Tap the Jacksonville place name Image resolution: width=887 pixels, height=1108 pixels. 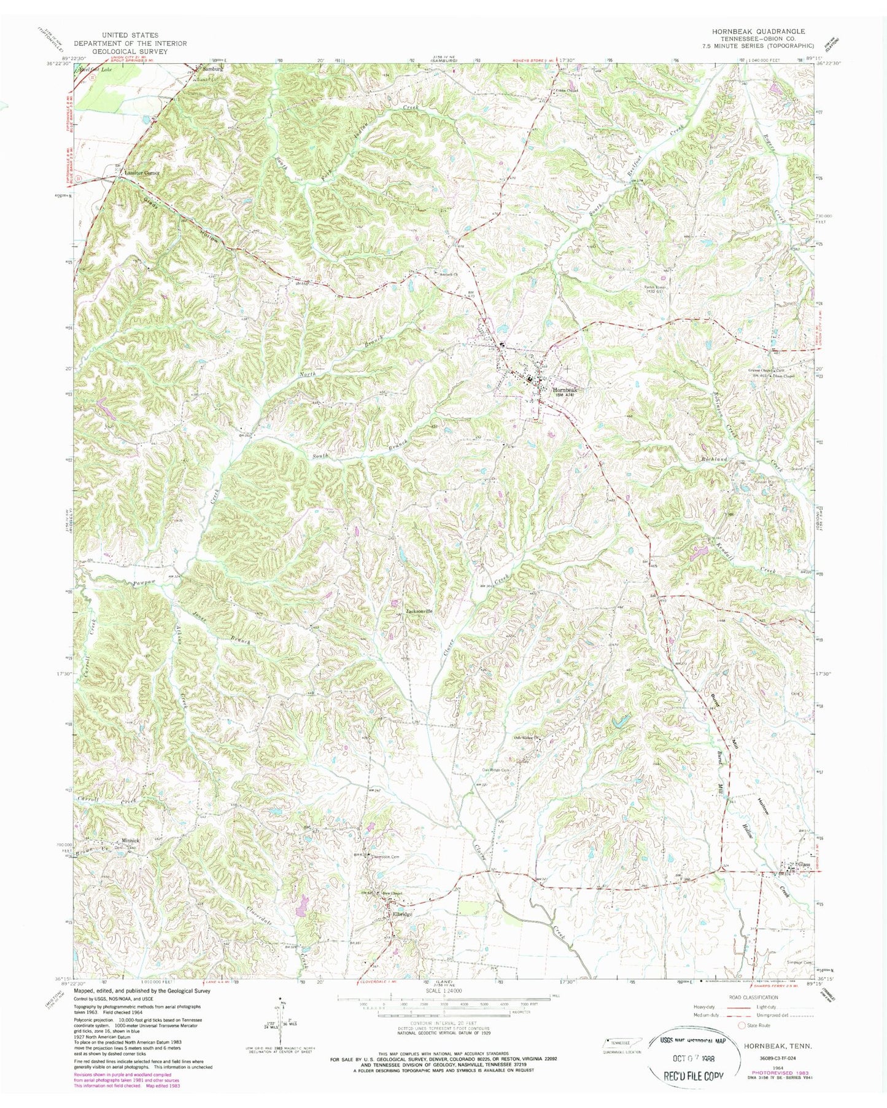(417, 611)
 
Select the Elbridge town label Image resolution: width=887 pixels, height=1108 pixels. (402, 914)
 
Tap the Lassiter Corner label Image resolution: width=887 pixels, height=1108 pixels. (142, 173)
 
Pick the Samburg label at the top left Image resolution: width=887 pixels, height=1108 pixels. (212, 69)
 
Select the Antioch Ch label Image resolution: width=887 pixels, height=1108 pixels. (444, 274)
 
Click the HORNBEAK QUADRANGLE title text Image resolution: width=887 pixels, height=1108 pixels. (755, 31)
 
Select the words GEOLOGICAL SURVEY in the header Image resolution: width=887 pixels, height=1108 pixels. (130, 52)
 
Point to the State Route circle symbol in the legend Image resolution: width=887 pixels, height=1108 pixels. (742, 1025)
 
